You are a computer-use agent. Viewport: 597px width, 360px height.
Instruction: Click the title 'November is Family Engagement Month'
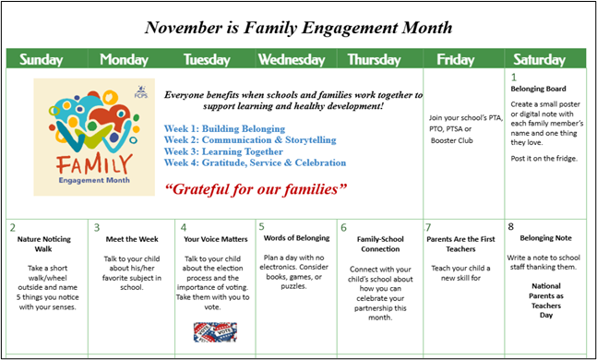299,27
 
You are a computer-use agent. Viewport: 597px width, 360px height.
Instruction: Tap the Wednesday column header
291,60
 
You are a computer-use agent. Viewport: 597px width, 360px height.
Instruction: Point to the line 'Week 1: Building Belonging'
224,128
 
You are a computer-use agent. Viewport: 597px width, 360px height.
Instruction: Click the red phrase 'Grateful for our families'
257,189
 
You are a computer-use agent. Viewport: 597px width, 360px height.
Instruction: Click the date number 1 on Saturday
514,76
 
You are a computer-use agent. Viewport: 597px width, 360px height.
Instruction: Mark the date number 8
511,226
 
